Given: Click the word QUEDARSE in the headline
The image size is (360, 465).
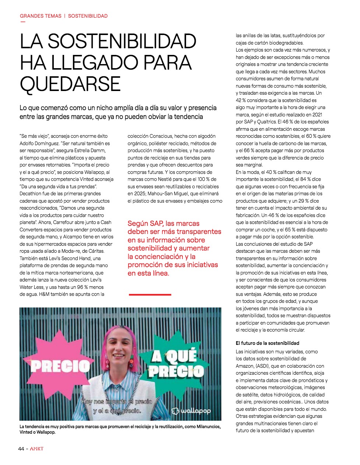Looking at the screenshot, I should tap(70, 84).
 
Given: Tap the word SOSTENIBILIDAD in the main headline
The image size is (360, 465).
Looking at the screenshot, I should tap(122, 41).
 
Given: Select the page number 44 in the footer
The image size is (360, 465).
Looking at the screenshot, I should tap(21, 448).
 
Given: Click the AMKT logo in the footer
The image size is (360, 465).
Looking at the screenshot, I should tap(36, 448).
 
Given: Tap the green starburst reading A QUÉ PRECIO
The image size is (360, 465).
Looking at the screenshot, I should tap(176, 363).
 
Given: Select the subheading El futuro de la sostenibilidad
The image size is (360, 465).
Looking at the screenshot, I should tap(268, 343).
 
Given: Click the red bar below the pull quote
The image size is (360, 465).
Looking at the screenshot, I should tap(150, 294).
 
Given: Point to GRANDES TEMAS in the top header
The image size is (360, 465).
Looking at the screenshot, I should tap(41, 16).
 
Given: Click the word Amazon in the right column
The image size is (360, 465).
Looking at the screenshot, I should tap(245, 366).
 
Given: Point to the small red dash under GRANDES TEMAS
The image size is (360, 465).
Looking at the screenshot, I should tap(23, 21).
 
